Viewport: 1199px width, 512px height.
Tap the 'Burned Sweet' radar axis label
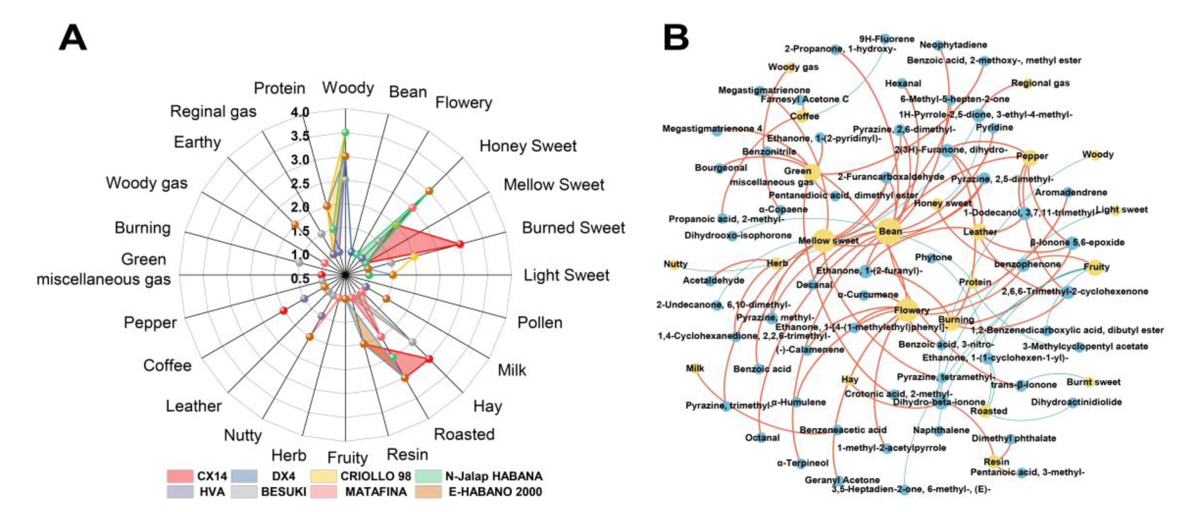point(573,228)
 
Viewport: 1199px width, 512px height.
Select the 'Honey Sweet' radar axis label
point(528,146)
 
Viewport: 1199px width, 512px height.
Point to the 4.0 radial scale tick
point(300,112)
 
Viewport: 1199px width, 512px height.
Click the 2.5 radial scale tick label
point(300,183)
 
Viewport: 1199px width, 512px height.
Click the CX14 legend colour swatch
point(180,476)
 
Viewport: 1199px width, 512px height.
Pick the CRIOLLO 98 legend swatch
point(323,476)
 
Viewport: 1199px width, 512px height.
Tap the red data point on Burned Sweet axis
point(460,244)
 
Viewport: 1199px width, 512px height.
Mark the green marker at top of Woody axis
point(345,133)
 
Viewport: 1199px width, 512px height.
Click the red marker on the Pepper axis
point(283,311)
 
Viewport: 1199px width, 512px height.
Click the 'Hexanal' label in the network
point(903,83)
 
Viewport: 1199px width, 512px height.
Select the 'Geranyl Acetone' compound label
point(842,480)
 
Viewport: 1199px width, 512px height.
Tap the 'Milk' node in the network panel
point(694,368)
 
